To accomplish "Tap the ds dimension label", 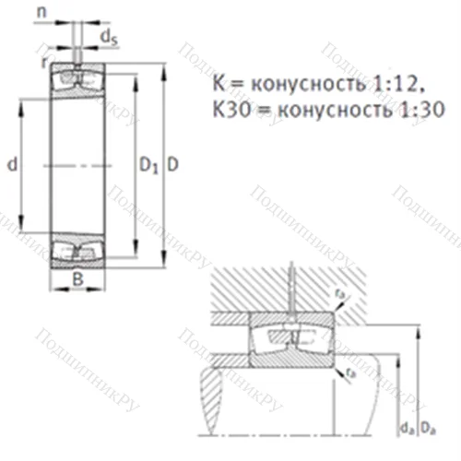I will pos(109,38).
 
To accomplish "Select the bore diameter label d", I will pos(12,165).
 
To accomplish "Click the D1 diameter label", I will pos(147,165).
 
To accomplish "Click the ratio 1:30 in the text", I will pos(422,109).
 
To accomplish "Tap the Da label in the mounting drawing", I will pos(428,426).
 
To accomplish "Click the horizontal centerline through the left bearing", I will pos(78,165).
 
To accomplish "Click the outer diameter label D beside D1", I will pos(173,165).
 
